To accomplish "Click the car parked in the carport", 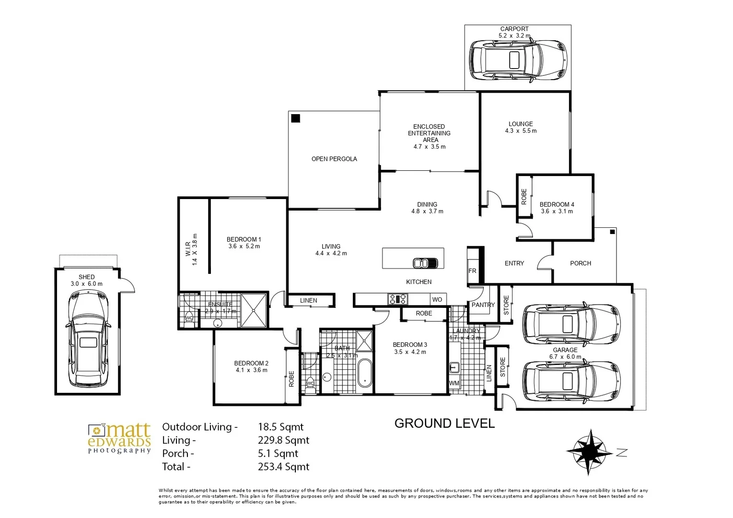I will [517, 60].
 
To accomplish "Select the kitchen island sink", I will [425, 263].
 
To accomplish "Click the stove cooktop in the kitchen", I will [398, 299].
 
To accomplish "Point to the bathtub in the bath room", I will [364, 373].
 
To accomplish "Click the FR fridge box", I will [472, 271].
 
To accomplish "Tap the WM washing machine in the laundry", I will [454, 383].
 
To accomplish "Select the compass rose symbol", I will [589, 451].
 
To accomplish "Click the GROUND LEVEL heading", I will [444, 424].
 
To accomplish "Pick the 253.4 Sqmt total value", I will [283, 467].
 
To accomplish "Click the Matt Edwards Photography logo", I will [119, 438].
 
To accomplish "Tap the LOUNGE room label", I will [521, 124].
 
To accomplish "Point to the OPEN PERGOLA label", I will [334, 159].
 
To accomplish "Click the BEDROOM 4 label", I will [557, 204].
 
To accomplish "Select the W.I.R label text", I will [188, 249].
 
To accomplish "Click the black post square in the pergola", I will [296, 118].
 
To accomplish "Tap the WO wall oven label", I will [437, 299].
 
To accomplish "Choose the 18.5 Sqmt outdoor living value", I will [280, 427].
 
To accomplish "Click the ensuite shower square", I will [253, 310].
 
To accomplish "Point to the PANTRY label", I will [483, 305].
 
